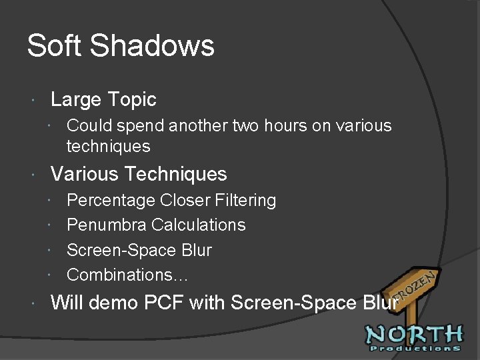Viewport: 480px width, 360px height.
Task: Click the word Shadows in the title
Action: tap(152, 46)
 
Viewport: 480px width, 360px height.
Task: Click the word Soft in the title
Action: tap(55, 46)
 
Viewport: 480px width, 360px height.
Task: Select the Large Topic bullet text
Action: tap(103, 100)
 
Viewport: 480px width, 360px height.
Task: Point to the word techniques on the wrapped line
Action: tap(109, 146)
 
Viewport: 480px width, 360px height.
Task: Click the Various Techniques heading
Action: tap(139, 174)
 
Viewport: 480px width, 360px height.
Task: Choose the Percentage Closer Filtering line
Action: tap(171, 200)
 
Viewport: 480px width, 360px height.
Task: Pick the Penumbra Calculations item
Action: tap(156, 225)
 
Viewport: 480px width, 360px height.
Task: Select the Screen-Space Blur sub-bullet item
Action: tap(139, 250)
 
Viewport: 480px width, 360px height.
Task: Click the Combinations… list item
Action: tap(128, 275)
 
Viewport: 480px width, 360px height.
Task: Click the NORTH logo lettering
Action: tap(413, 334)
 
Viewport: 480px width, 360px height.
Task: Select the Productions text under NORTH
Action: tap(413, 348)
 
